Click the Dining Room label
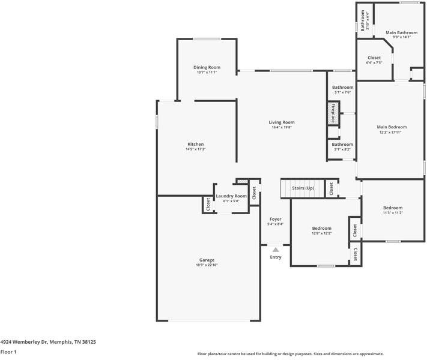click(x=207, y=67)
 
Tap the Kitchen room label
click(x=196, y=144)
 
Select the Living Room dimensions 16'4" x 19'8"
click(x=282, y=127)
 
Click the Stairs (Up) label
click(x=303, y=188)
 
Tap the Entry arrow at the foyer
click(x=275, y=248)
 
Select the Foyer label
click(x=275, y=219)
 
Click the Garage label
click(x=207, y=260)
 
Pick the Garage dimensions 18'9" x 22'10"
click(x=207, y=265)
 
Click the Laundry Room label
click(x=231, y=196)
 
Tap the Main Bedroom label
click(x=392, y=127)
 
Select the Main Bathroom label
click(x=401, y=32)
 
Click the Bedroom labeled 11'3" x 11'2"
click(x=393, y=208)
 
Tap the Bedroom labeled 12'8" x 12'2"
click(x=321, y=228)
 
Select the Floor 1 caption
click(x=9, y=352)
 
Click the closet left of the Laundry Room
click(x=208, y=205)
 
